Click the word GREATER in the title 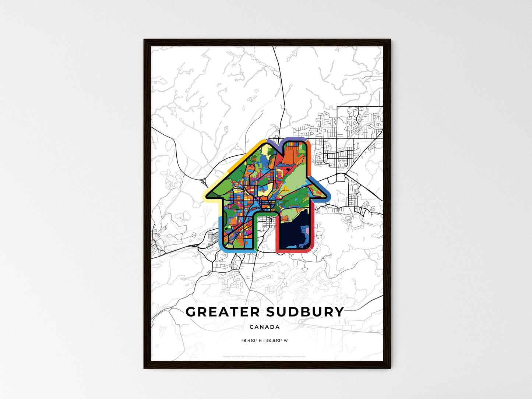(222, 312)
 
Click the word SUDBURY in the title (305, 312)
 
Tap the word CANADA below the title (264, 327)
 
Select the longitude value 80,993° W (277, 340)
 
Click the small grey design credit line (264, 356)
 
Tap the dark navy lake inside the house (291, 232)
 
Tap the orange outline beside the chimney (310, 162)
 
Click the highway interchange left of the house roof (204, 181)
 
